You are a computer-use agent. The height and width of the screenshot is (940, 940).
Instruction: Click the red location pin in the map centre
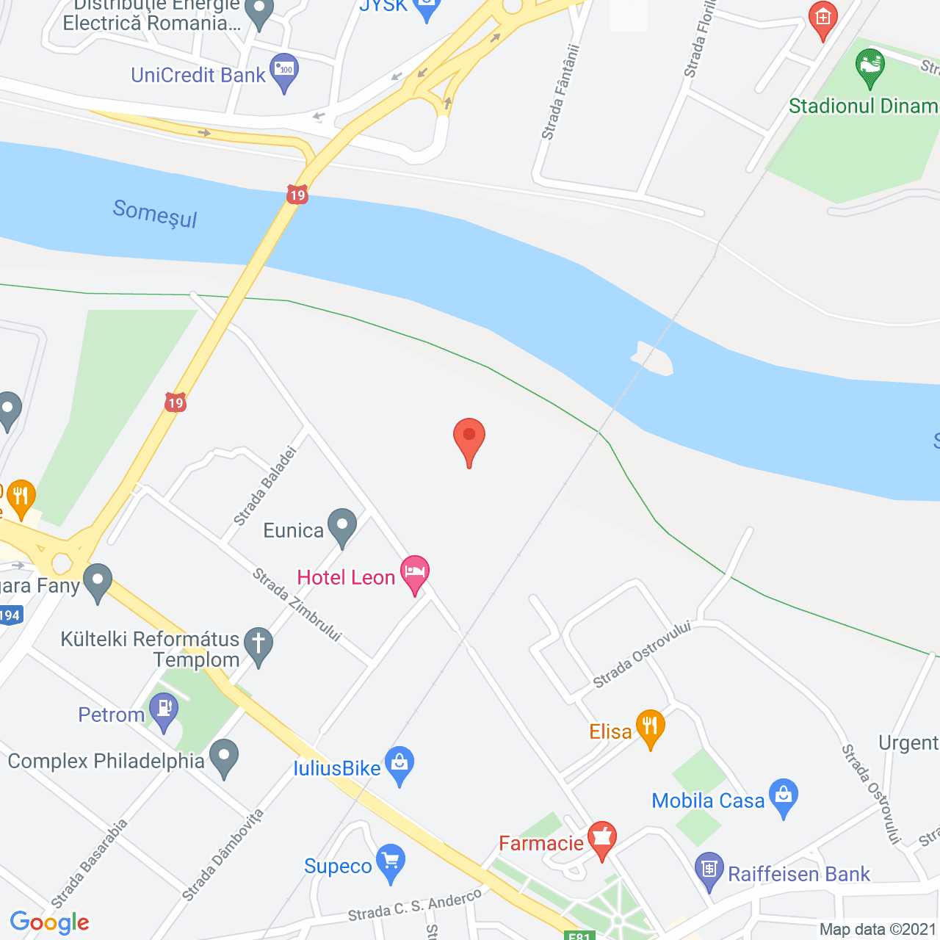coord(469,438)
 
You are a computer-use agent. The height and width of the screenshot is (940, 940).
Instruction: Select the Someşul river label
coord(155,214)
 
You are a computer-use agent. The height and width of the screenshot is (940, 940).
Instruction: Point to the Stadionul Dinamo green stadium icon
coord(870,67)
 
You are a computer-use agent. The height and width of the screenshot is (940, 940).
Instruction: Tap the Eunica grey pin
coord(341,526)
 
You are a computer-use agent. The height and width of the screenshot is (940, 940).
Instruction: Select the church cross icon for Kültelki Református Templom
coord(258,645)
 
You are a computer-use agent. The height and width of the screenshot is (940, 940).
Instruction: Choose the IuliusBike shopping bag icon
coord(399,764)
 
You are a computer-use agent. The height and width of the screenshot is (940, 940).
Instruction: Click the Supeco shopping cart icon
coord(390,861)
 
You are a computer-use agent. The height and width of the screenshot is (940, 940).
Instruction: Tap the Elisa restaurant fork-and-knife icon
coord(650,727)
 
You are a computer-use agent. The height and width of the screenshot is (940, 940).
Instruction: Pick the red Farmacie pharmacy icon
coord(601,839)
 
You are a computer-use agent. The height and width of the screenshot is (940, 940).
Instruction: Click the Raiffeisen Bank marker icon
coord(709,870)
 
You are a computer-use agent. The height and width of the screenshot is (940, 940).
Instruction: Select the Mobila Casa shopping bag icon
coord(784,796)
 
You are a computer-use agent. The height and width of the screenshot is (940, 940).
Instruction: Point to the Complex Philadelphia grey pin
coord(224,756)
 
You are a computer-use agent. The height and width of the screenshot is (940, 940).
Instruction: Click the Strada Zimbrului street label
coord(297,604)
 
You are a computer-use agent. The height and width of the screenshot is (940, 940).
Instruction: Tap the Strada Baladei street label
coord(265,486)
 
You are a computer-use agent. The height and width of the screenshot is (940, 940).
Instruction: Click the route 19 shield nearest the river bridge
coord(297,195)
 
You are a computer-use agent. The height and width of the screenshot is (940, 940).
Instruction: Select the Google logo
coord(50,922)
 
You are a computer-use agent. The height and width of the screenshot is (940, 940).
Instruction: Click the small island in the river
coord(652,358)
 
